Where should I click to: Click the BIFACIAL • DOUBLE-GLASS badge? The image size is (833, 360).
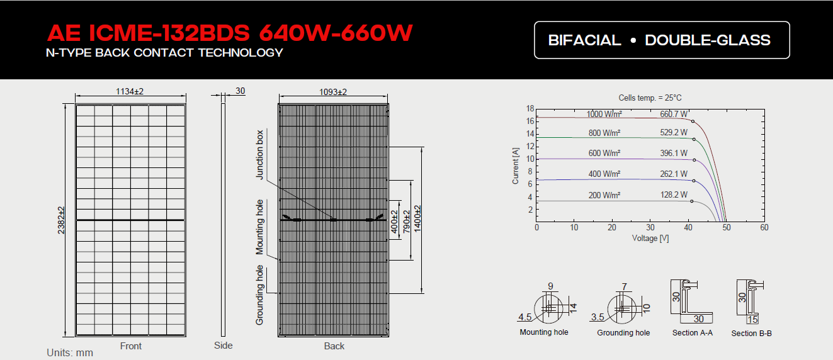click(661, 40)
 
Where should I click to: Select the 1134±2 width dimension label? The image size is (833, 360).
click(130, 92)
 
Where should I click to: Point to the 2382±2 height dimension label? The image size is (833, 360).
click(62, 220)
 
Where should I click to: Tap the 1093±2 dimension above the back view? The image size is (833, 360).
click(333, 92)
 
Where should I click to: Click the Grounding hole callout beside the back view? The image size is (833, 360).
click(260, 295)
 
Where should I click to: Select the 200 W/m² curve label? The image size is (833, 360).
click(604, 195)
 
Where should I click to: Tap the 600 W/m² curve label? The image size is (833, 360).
click(604, 153)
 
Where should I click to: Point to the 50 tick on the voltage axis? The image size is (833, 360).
click(726, 227)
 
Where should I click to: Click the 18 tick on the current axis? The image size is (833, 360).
click(530, 109)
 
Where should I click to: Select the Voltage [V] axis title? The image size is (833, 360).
click(650, 239)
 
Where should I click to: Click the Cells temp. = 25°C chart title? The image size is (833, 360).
click(650, 98)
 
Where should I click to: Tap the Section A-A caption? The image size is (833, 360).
click(692, 333)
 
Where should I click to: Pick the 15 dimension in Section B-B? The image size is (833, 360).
click(752, 320)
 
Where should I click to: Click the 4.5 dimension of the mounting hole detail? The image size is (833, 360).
click(525, 317)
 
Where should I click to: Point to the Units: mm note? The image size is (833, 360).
click(70, 352)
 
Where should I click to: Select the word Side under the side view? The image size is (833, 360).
click(223, 345)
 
